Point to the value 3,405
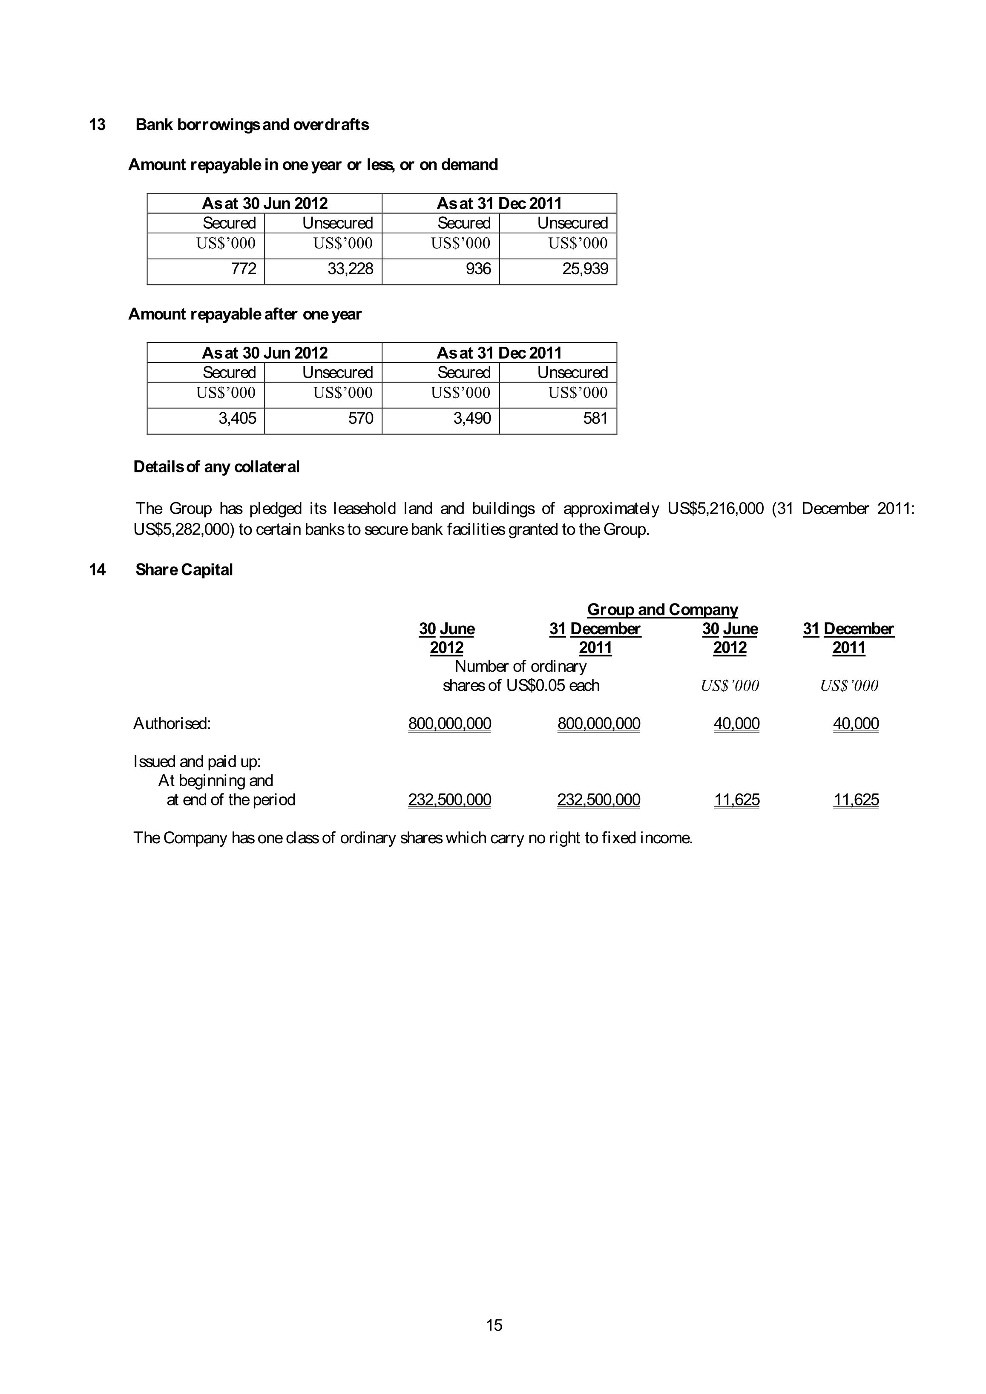click(237, 418)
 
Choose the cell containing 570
click(361, 418)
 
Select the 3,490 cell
click(472, 418)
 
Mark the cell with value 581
click(595, 418)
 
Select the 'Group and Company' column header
click(662, 609)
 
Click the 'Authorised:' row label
click(172, 723)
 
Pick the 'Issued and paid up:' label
click(197, 762)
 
